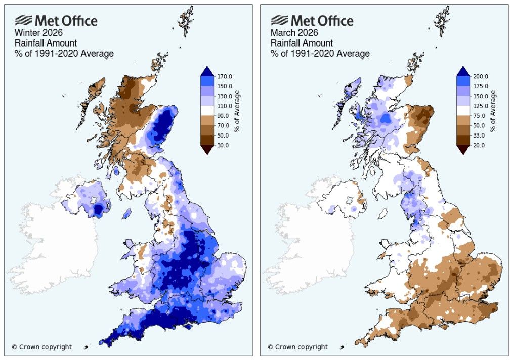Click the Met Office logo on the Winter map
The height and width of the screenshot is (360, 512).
56,21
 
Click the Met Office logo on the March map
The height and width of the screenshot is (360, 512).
312,21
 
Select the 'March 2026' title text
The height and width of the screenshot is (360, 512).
291,34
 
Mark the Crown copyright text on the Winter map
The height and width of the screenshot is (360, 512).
41,347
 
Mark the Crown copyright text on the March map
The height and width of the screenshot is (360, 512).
297,347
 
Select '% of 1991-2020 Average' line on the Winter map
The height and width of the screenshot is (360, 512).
64,53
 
